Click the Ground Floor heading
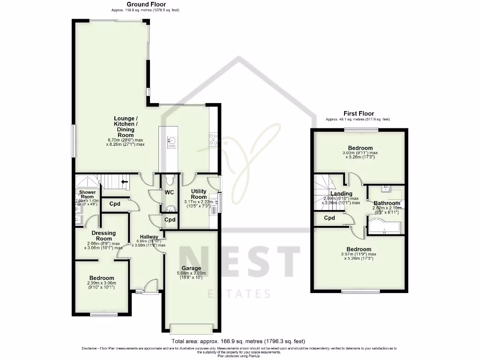click(x=146, y=4)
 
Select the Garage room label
click(x=191, y=269)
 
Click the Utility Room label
click(x=199, y=194)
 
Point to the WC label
click(x=169, y=192)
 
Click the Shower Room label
click(x=87, y=195)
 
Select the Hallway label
click(x=149, y=237)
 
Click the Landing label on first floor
click(x=341, y=194)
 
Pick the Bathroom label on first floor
click(x=387, y=203)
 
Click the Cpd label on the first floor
click(x=330, y=218)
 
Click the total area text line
click(x=241, y=341)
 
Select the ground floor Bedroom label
click(x=101, y=278)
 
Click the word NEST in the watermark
click(x=239, y=260)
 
